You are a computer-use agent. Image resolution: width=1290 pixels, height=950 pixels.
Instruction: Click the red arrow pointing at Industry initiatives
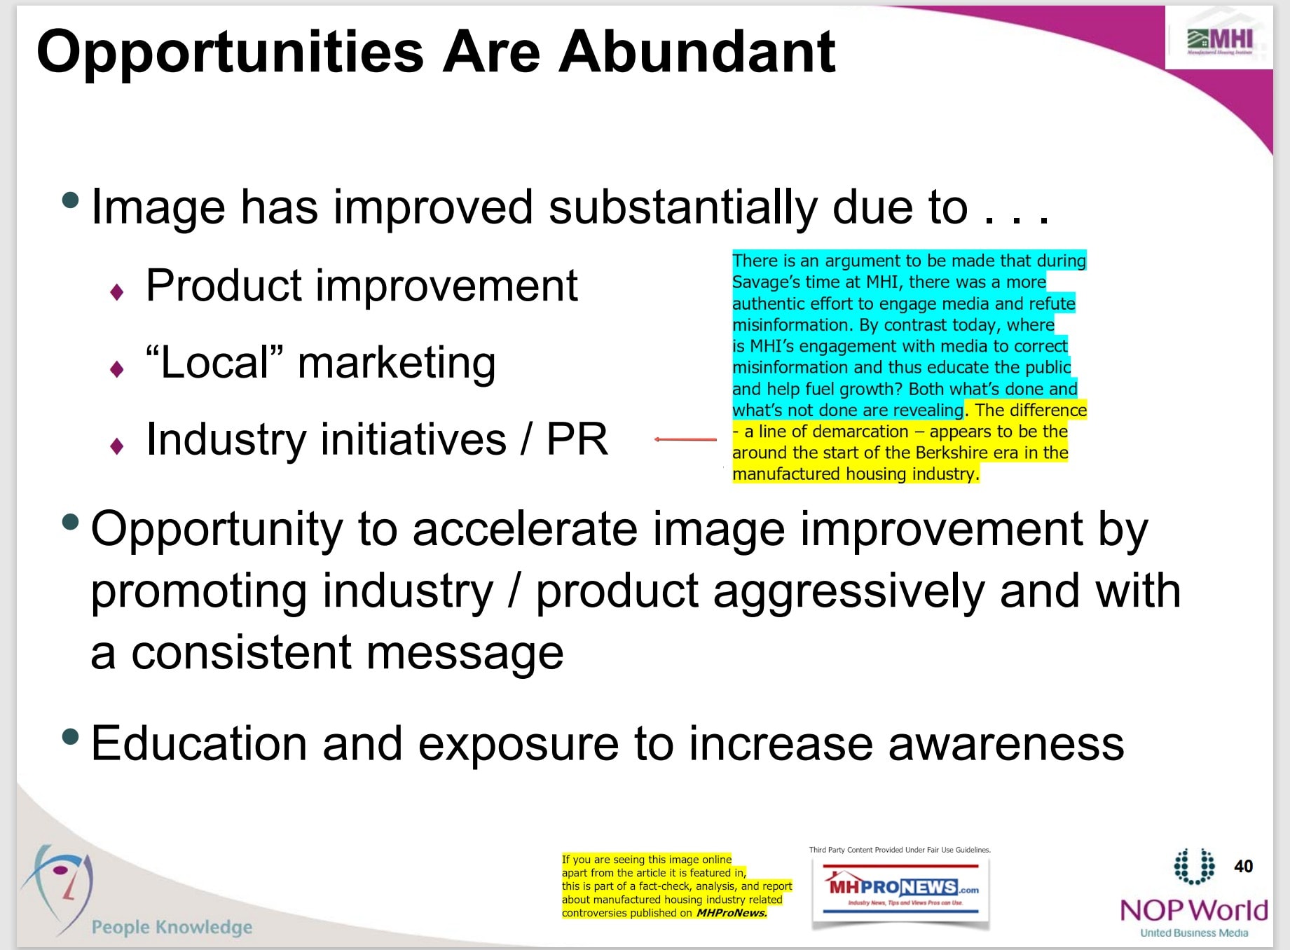(685, 439)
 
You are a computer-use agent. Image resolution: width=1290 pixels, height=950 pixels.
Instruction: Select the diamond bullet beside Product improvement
(117, 291)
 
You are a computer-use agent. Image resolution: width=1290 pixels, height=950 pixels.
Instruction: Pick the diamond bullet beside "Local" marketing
(117, 369)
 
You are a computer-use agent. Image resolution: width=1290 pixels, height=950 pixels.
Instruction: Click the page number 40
(1243, 866)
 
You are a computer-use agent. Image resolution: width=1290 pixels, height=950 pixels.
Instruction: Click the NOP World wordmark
(1194, 910)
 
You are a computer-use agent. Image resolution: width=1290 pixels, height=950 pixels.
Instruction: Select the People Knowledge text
(172, 927)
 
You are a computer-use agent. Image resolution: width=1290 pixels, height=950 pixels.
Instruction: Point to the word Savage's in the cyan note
(767, 282)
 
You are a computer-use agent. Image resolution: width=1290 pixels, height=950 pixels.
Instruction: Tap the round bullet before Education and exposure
(70, 736)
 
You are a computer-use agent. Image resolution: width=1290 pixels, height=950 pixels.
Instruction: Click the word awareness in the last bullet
(1006, 743)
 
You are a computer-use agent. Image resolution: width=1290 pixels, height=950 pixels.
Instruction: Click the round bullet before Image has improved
(70, 200)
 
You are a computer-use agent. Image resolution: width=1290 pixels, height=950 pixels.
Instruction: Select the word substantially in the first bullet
(682, 207)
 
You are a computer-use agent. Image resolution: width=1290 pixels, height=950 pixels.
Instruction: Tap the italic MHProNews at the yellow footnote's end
(732, 913)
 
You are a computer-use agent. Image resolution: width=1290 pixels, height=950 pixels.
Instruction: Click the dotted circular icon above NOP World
(1194, 866)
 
